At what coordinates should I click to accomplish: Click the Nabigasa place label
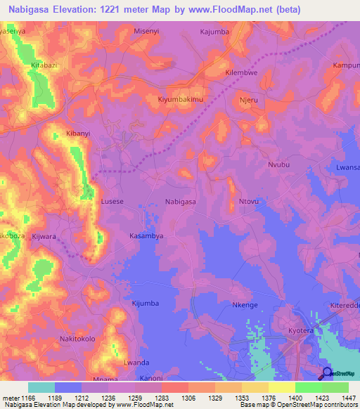point(180,202)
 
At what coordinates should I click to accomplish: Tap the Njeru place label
point(250,100)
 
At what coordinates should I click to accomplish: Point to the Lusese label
point(112,202)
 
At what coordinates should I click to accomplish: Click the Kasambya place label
point(146,236)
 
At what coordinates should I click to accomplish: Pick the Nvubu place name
point(278,164)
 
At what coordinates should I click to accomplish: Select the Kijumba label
point(146,303)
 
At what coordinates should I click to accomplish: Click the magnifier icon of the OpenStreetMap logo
point(326,373)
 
